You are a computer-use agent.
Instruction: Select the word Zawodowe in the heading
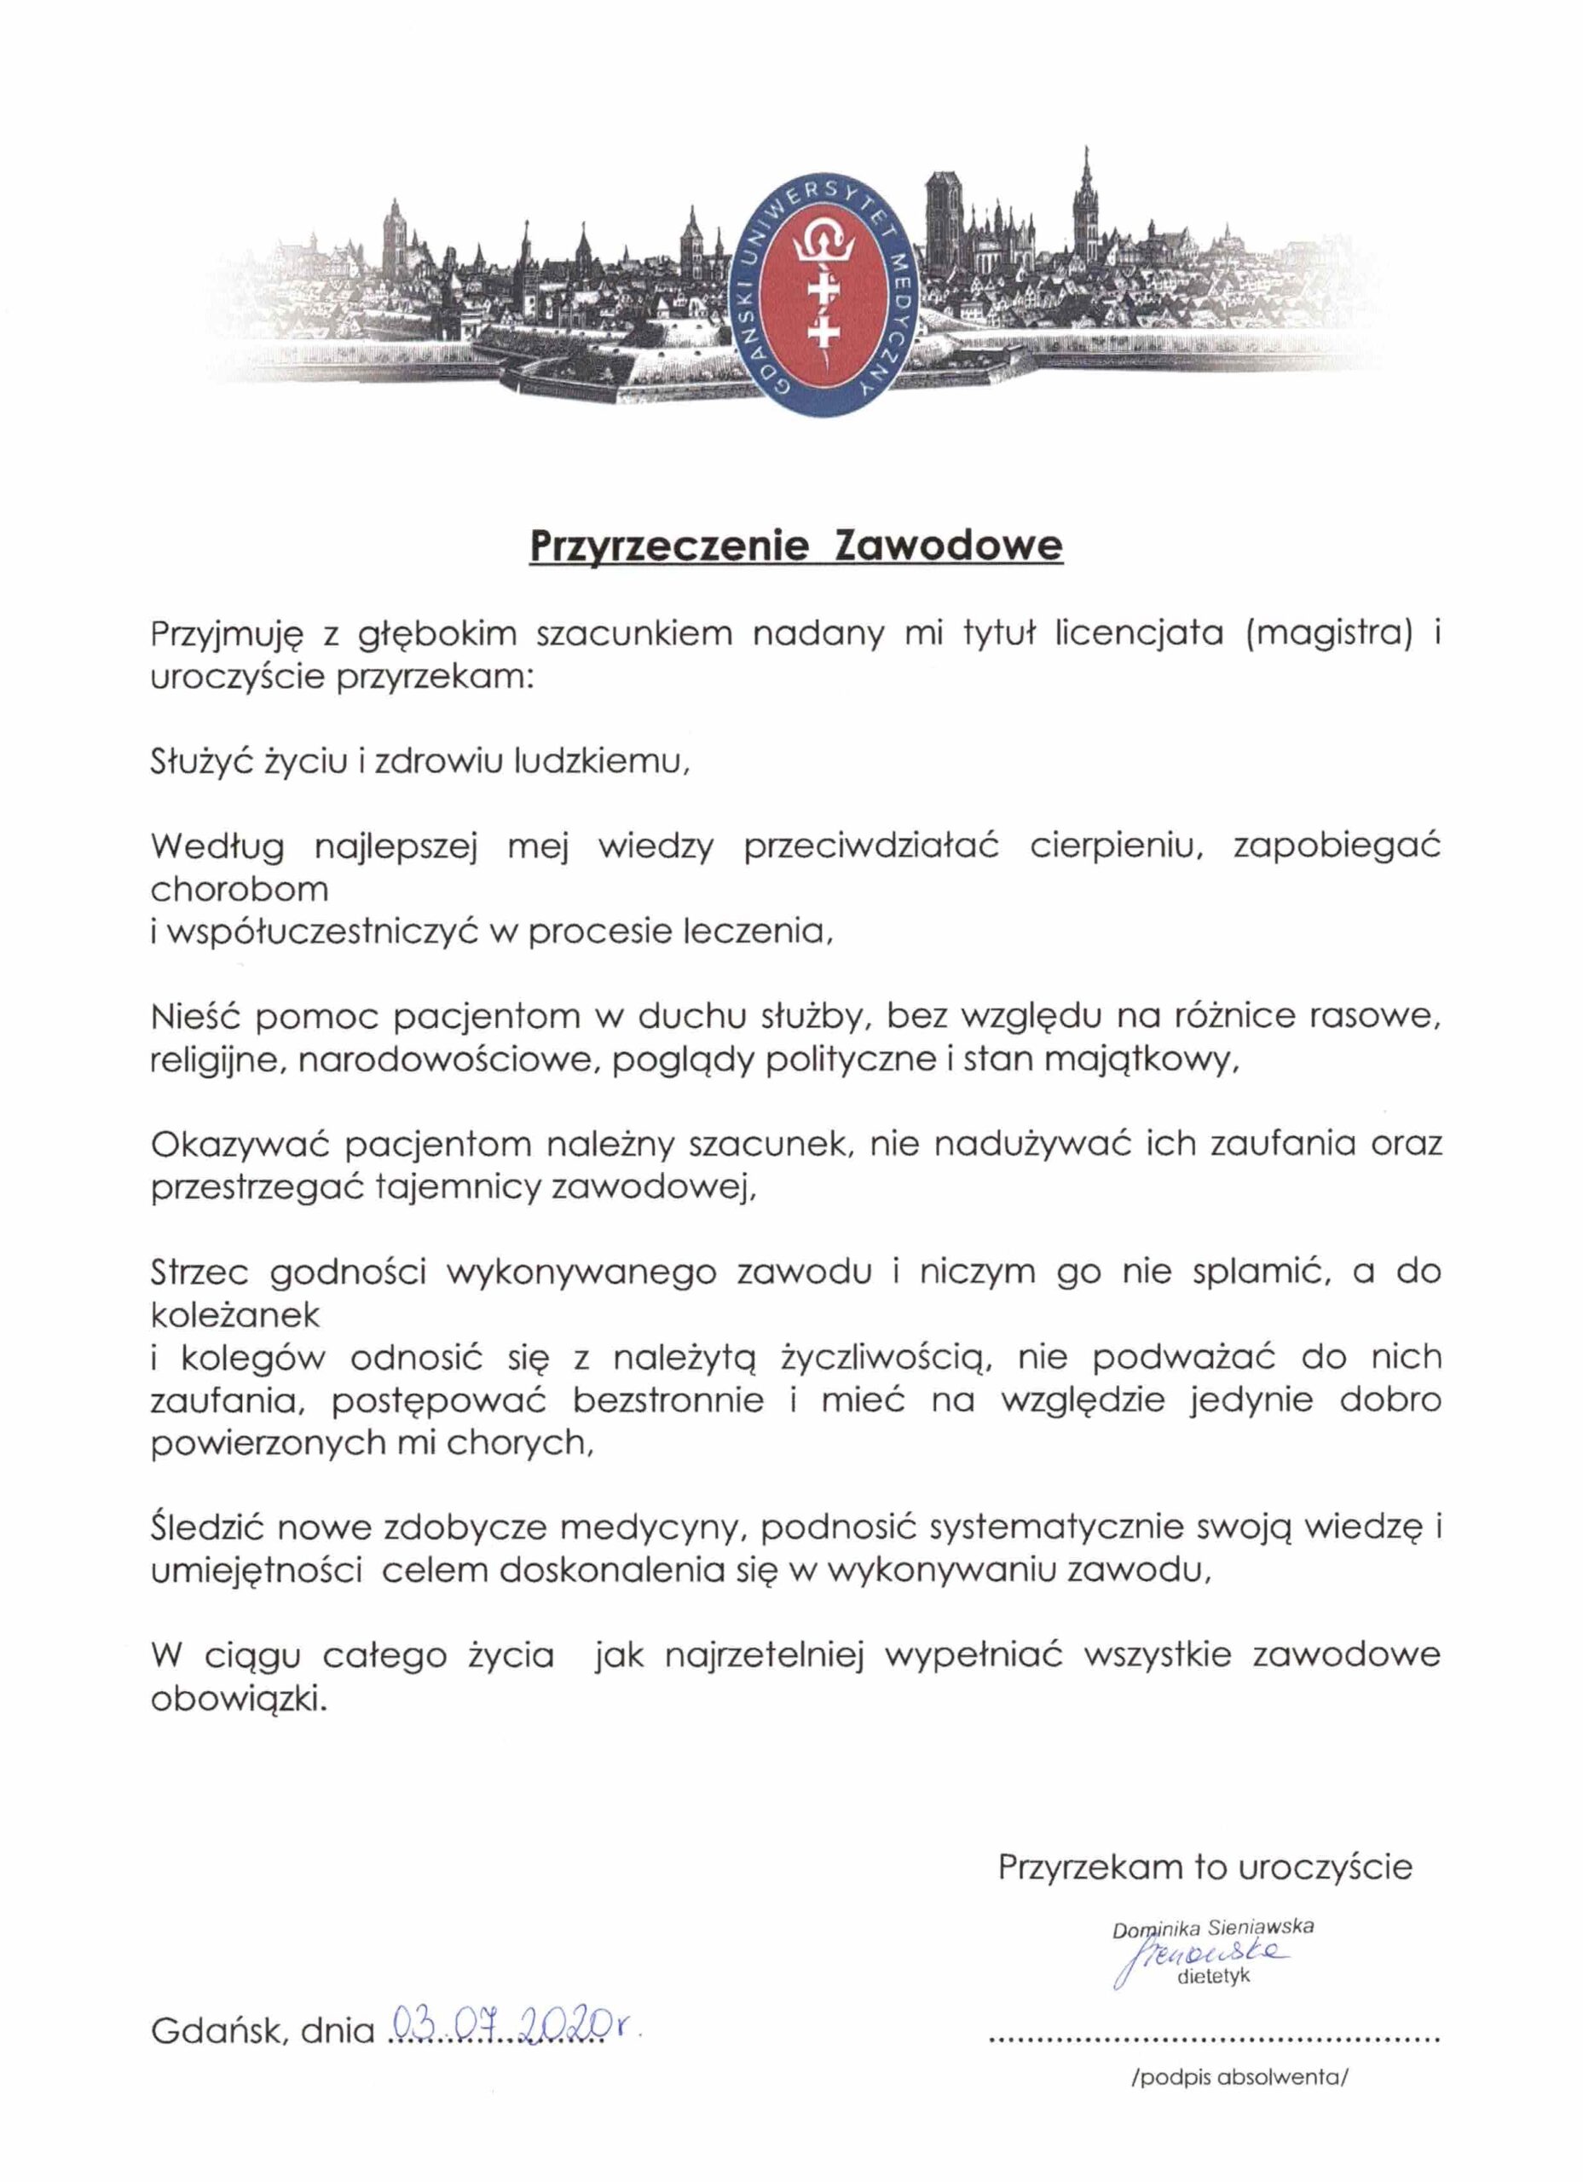pos(949,545)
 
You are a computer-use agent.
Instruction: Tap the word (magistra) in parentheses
pos(1328,635)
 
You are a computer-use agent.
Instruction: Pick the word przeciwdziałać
pos(871,847)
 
